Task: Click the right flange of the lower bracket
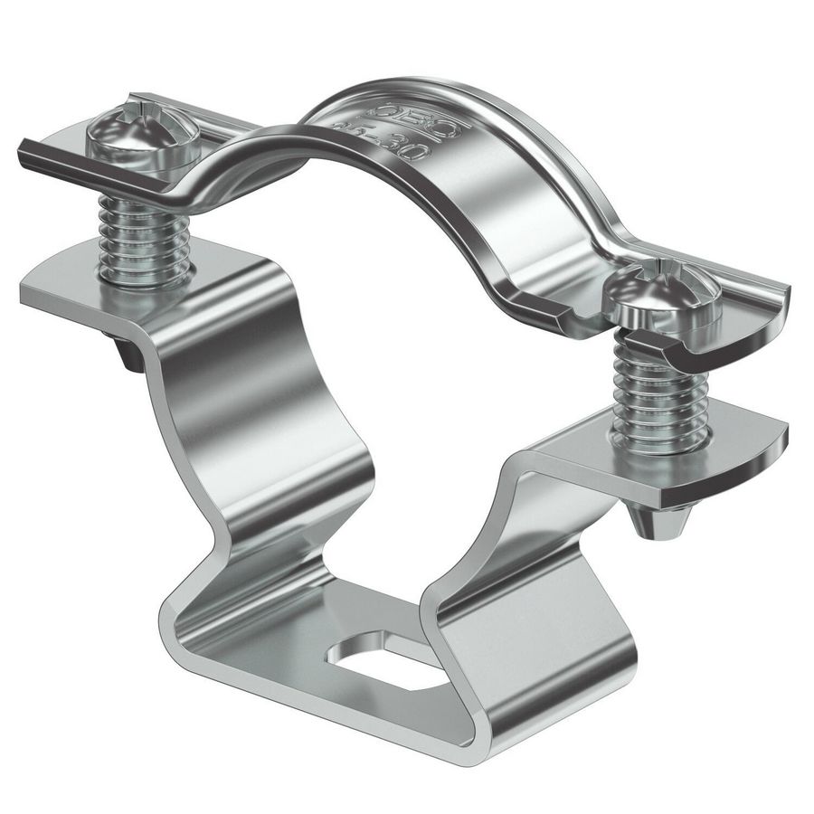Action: (x=715, y=461)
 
